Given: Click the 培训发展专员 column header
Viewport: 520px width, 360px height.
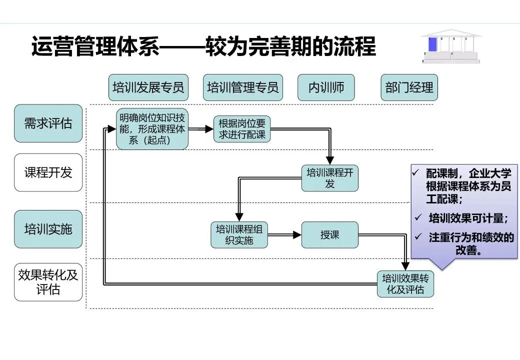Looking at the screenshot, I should [148, 87].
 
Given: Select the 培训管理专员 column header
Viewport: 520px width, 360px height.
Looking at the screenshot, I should [242, 87].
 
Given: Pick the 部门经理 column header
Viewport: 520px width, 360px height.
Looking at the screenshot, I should [409, 87].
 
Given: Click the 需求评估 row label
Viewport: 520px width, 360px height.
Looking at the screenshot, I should [48, 123].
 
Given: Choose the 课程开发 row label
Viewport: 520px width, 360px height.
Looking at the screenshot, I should [48, 172].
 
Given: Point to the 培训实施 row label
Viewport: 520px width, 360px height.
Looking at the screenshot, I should [48, 229].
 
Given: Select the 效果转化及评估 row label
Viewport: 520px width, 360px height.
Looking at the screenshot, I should [48, 282].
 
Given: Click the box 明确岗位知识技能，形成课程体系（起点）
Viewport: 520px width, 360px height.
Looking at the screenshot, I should [152, 129].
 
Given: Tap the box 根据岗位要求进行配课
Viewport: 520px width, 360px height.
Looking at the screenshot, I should [242, 129].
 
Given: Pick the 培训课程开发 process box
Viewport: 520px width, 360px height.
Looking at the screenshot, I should [329, 178].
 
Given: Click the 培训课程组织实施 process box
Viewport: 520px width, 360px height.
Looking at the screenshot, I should [239, 234].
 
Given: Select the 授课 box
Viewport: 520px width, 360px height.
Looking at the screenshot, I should [329, 234].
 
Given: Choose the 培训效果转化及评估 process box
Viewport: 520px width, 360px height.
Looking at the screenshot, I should [405, 284].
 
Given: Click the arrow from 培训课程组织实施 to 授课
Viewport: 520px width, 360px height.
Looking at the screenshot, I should [284, 234].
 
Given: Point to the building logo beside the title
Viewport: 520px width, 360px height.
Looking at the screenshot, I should [450, 46].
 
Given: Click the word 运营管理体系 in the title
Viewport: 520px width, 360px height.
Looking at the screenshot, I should [95, 47].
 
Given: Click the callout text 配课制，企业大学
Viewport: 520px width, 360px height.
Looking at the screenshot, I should [468, 174].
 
